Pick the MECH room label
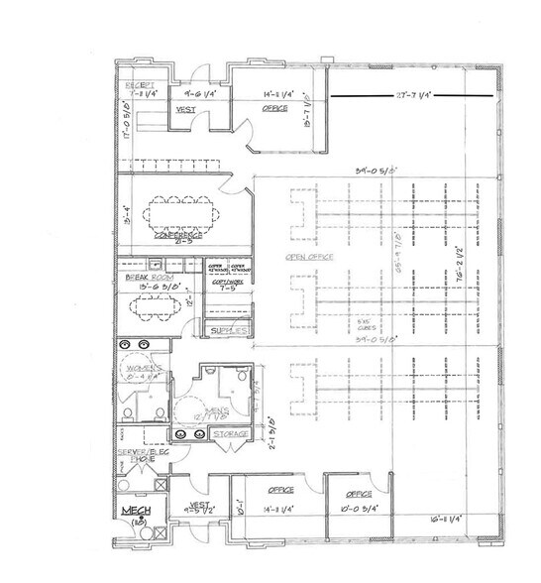pyautogui.click(x=135, y=511)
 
